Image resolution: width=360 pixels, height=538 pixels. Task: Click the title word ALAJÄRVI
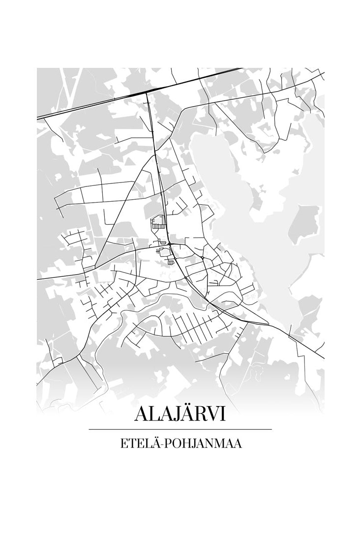click(180, 414)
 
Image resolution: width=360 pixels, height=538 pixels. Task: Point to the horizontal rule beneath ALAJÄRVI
click(180, 429)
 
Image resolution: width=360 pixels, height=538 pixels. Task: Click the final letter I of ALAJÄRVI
click(223, 414)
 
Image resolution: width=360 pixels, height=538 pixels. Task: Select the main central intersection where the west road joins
click(169, 243)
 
